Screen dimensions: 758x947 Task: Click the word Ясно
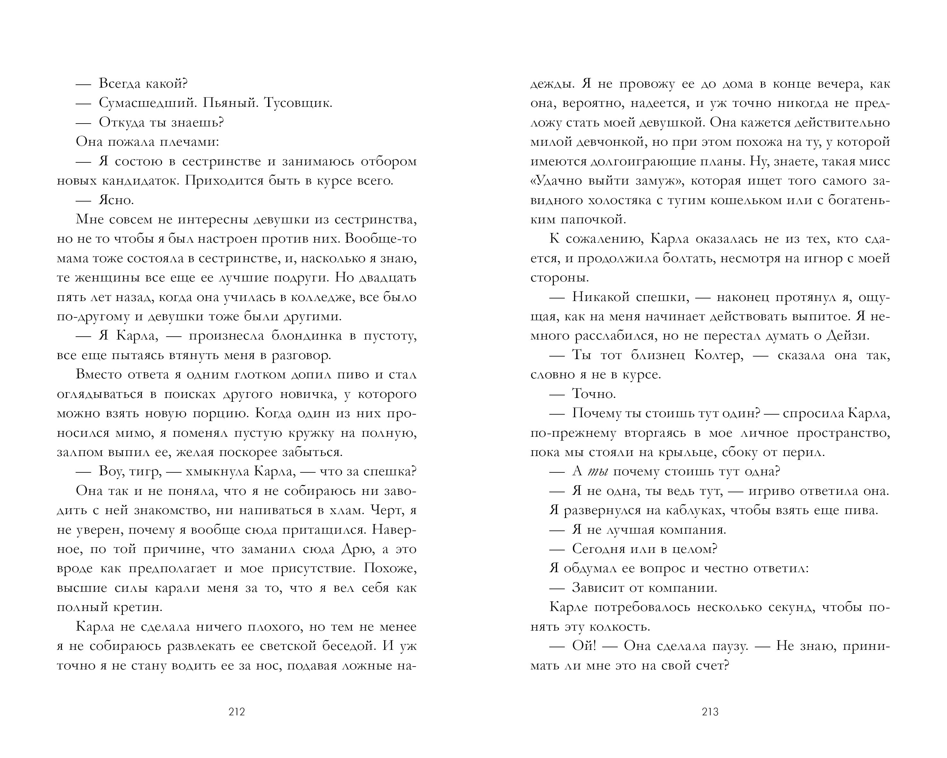[116, 200]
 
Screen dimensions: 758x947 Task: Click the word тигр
[145, 471]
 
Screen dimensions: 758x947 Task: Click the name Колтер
[719, 355]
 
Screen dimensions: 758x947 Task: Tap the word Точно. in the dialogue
[594, 394]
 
